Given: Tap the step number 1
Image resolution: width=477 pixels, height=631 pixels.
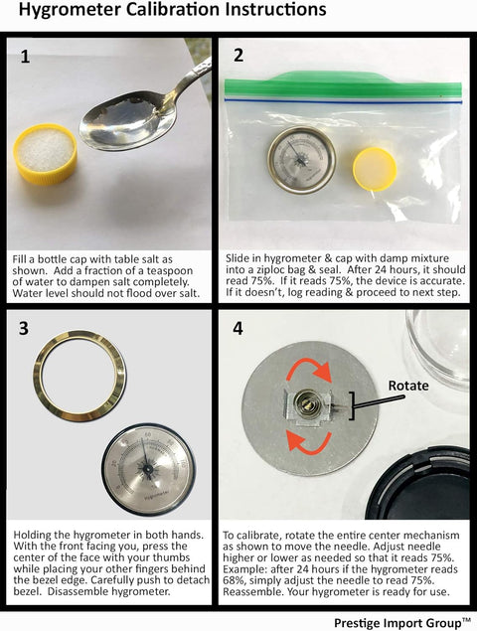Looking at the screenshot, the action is click(x=25, y=57).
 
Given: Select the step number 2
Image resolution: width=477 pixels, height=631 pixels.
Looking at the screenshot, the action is click(x=238, y=55).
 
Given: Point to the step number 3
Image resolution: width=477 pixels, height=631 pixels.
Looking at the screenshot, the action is click(x=24, y=328).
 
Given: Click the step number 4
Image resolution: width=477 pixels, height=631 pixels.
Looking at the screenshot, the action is click(x=238, y=328).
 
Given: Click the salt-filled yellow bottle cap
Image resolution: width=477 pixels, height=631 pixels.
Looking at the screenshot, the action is click(x=45, y=153).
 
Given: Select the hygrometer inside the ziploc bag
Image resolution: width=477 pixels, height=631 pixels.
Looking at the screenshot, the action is click(x=302, y=160).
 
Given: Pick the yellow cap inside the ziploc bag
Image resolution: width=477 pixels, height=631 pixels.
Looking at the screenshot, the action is click(x=375, y=169).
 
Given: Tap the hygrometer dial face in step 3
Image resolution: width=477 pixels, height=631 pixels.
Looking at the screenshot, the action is click(x=148, y=470).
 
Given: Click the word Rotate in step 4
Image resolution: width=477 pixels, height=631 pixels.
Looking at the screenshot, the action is click(x=408, y=386).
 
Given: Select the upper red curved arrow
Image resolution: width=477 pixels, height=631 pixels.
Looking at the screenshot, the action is click(x=309, y=369).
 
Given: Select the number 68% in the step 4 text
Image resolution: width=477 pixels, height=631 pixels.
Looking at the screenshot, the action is click(x=233, y=580).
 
